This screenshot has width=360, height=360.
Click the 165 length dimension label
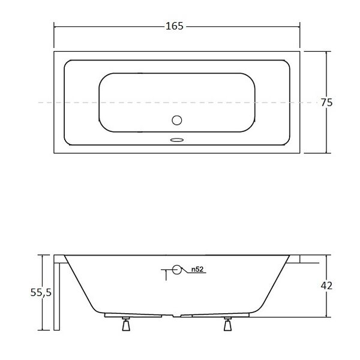(175, 26)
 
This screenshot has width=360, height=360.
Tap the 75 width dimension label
(326, 103)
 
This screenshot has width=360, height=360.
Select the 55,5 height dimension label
(41, 293)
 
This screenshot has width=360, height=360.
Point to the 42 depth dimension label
(326, 286)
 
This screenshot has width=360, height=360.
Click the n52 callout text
(197, 269)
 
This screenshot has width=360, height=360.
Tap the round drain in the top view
(177, 120)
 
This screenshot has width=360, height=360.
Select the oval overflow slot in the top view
(177, 140)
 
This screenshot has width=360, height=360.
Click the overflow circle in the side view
(177, 269)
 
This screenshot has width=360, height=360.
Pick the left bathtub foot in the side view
(126, 324)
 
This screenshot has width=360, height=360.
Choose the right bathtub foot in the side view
(227, 324)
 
